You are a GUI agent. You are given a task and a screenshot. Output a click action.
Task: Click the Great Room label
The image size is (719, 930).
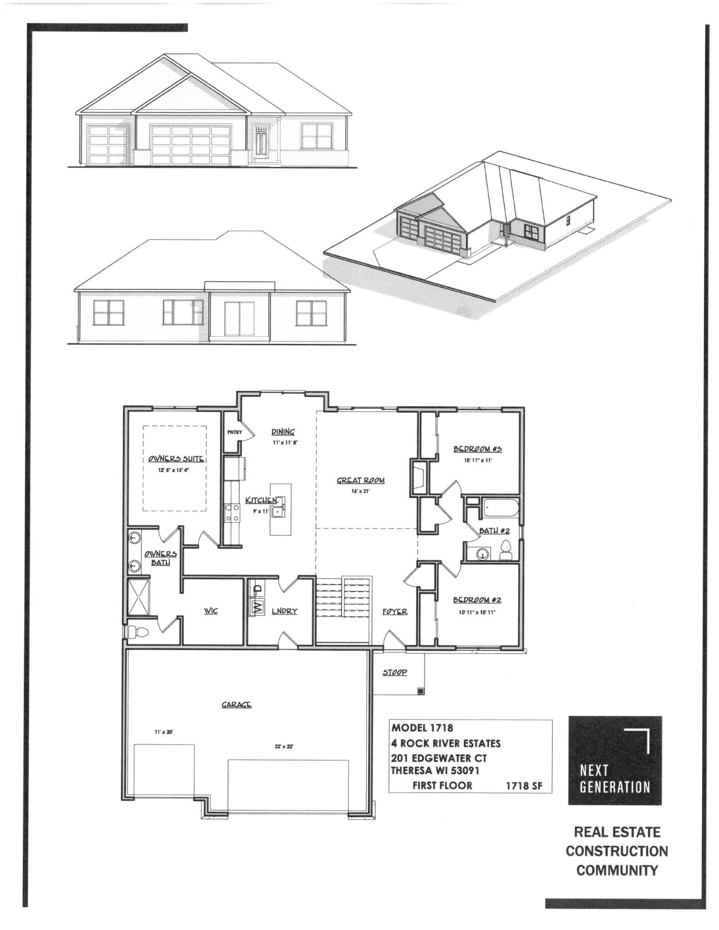point(361,481)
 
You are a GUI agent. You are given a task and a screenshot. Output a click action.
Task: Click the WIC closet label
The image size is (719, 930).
point(211,611)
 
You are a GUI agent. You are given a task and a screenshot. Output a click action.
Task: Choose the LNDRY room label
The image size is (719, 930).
point(284,611)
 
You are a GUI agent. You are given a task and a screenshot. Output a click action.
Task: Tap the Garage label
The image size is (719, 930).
point(236,705)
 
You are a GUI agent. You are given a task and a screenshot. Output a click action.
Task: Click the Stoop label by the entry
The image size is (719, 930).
point(395,672)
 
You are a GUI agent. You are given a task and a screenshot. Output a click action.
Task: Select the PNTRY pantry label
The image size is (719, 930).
point(235,432)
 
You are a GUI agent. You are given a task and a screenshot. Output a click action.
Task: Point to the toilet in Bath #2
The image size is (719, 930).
point(506,550)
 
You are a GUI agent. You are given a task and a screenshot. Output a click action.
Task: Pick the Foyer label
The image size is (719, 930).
point(395,611)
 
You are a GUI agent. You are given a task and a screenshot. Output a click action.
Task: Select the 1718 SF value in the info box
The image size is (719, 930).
point(524,786)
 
